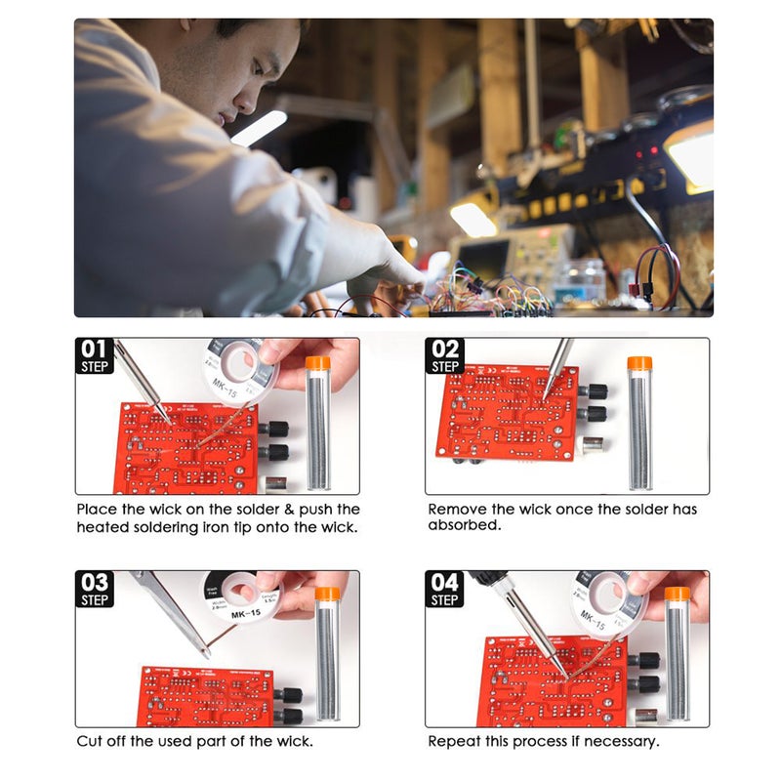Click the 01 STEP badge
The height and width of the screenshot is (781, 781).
coord(94,356)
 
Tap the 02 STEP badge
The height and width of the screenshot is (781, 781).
coord(444,356)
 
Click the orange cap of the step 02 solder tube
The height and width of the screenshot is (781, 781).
coord(639,364)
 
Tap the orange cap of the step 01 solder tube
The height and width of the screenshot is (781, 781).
coord(318,363)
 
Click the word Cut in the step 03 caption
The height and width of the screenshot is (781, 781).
coord(90,742)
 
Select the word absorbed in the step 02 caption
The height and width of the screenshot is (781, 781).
coord(461,525)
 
